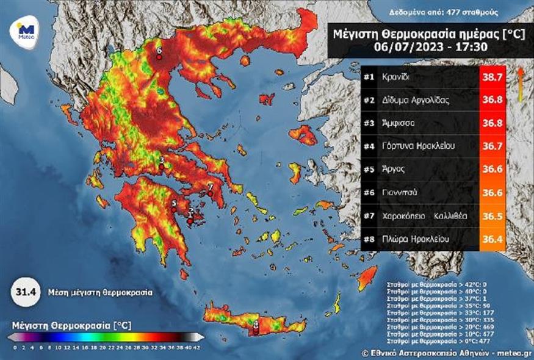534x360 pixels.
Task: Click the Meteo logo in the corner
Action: point(25,30)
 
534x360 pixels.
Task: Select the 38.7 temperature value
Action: point(493,77)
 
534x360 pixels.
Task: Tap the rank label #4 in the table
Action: point(369,146)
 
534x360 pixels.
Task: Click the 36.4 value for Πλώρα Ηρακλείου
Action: point(493,239)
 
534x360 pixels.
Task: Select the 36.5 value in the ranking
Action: point(493,216)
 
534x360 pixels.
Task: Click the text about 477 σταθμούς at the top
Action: point(444,12)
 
